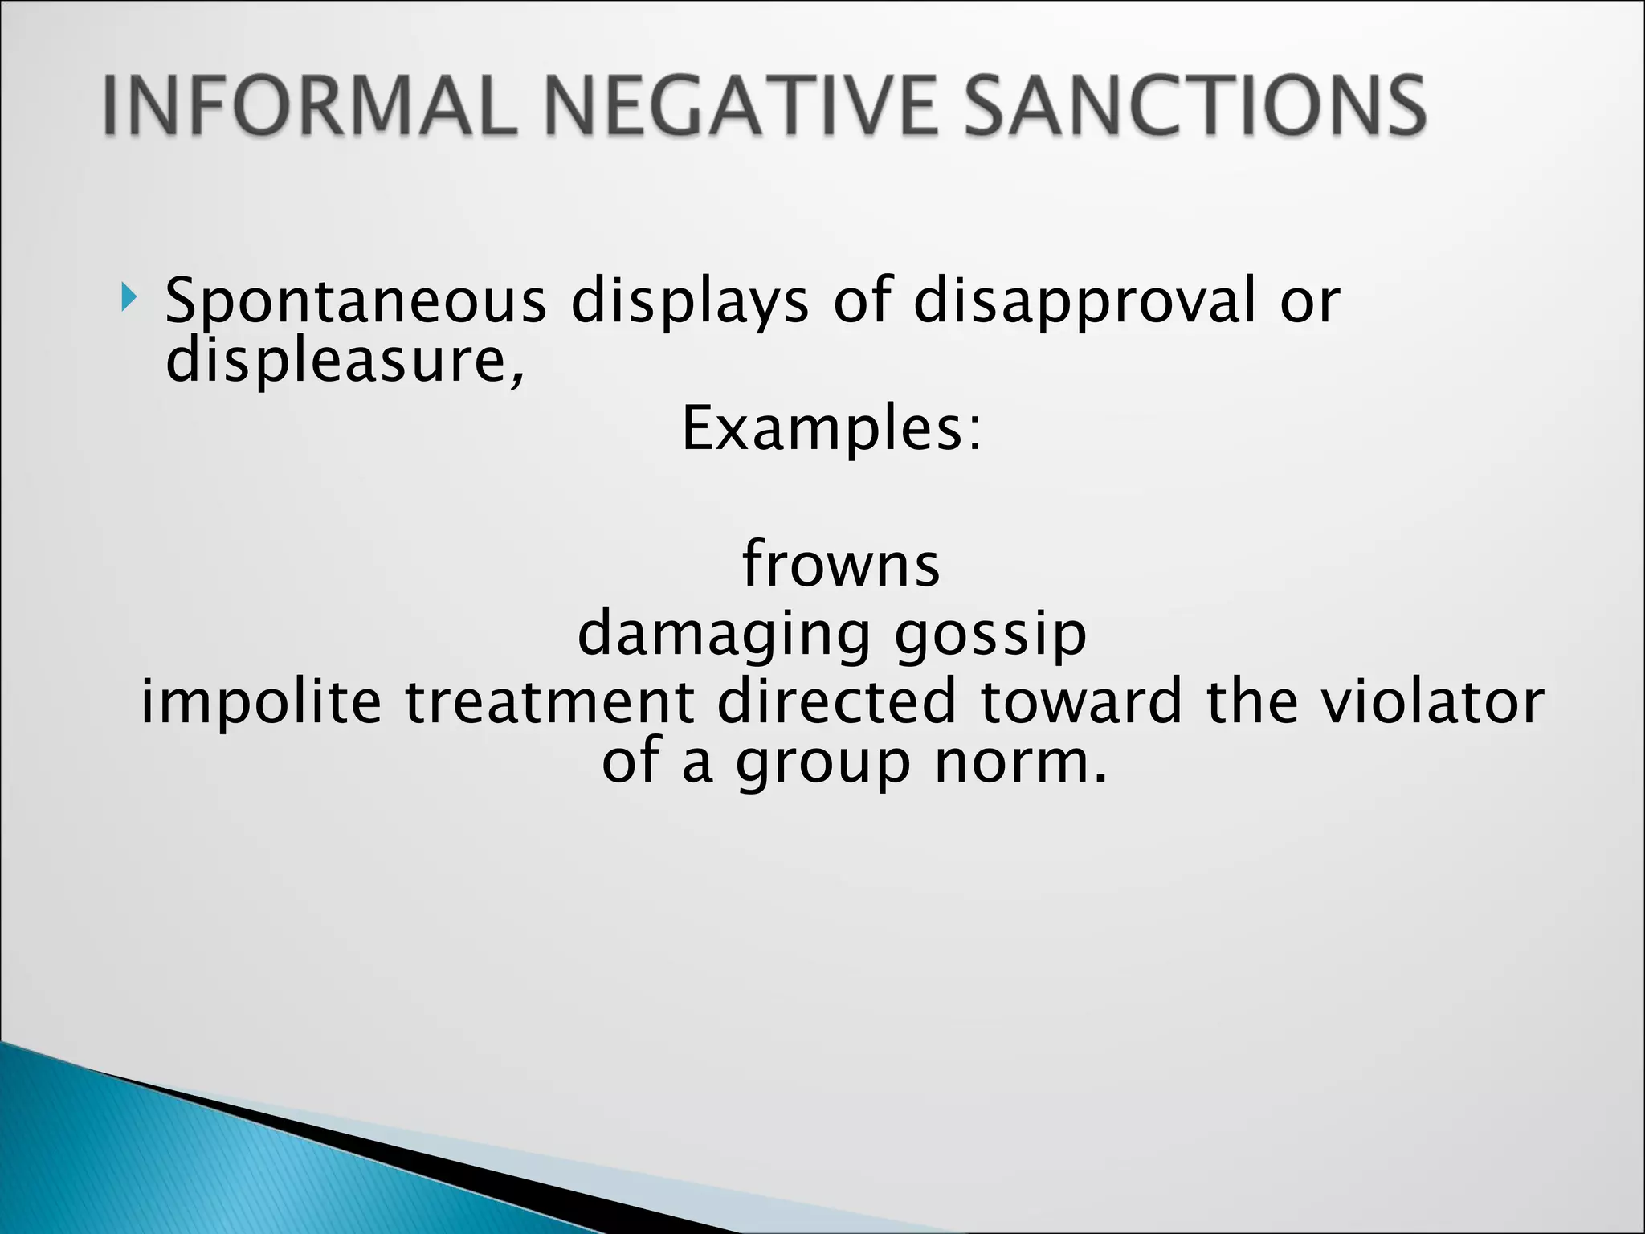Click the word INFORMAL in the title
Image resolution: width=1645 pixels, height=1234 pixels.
309,106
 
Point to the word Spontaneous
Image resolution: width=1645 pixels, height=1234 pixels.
356,301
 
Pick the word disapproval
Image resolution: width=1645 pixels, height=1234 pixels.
1084,301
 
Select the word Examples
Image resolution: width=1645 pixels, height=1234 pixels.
831,428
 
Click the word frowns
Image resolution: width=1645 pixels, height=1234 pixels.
840,564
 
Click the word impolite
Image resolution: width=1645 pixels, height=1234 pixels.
261,701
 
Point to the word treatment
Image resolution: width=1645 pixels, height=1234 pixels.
549,701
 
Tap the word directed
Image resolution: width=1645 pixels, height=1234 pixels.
836,701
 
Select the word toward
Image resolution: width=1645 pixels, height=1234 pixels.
1081,701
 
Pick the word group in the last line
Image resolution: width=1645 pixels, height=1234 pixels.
822,763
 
